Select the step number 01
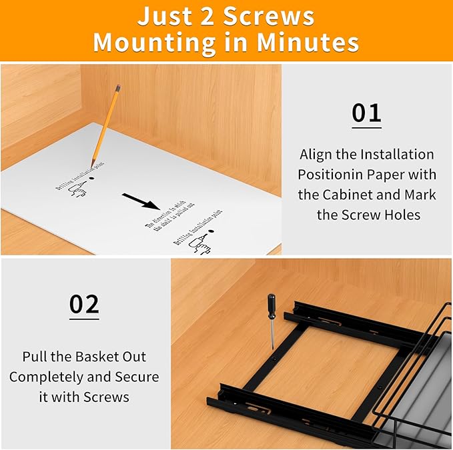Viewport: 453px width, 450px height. (x=366, y=113)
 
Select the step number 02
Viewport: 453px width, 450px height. (x=84, y=304)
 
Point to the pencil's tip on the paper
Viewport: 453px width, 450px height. (x=93, y=166)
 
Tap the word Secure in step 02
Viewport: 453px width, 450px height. (x=137, y=377)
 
